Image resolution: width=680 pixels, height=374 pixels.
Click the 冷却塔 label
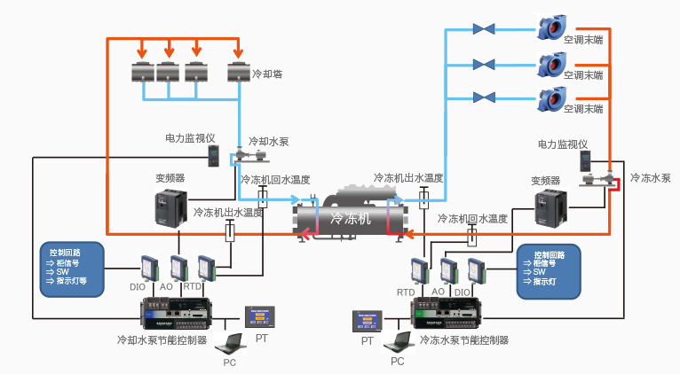coord(267,74)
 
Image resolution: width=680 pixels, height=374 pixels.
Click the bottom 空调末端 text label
coord(582,109)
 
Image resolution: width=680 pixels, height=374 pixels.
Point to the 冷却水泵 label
coord(268,141)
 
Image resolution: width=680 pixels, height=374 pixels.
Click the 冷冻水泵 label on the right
coord(650,178)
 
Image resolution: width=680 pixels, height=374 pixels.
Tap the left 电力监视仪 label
coord(191,138)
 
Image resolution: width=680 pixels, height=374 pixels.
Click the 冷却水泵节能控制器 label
coord(162,339)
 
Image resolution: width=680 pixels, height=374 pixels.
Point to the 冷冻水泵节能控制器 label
coord(464,339)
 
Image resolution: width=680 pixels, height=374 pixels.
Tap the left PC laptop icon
coord(232,342)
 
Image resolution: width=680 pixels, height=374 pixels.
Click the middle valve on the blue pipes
coord(484,64)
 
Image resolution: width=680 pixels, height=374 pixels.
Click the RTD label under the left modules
coord(192,287)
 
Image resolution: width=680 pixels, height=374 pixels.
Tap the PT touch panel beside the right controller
coord(367,321)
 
